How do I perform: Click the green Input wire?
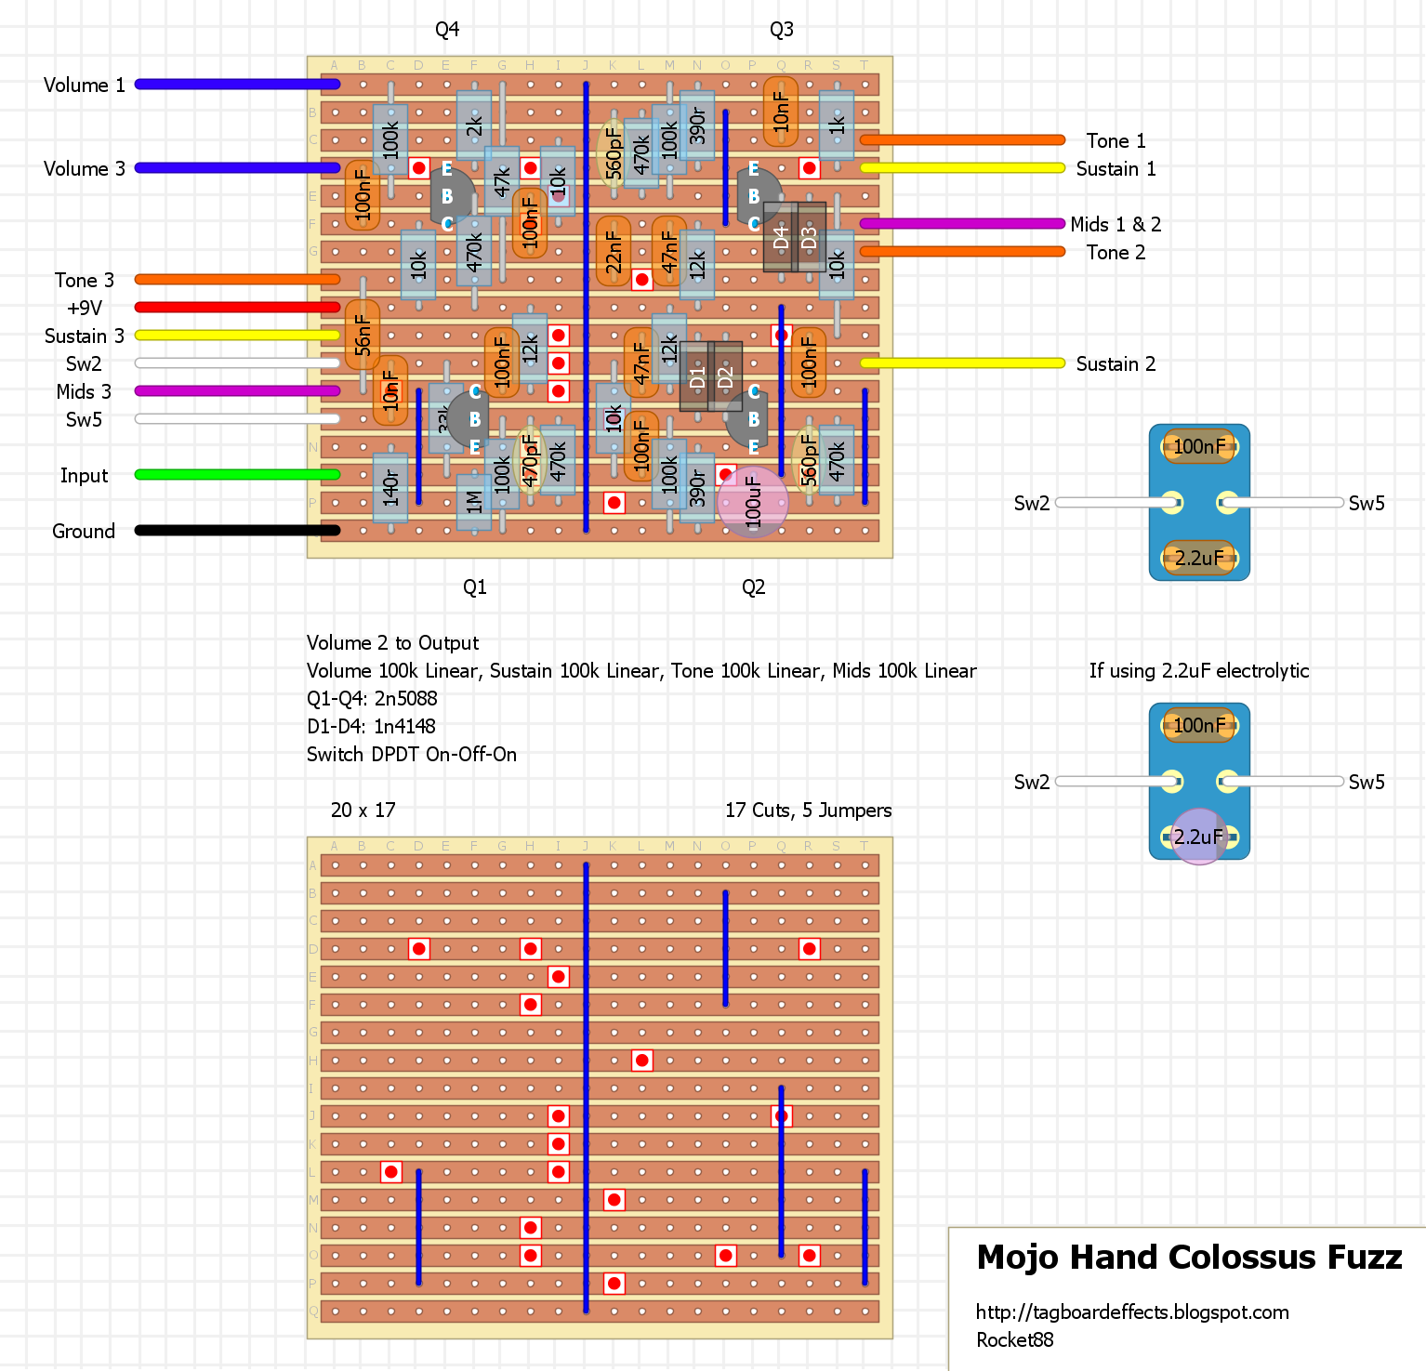pos(237,475)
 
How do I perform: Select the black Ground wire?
pos(237,531)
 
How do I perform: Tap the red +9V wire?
pos(237,308)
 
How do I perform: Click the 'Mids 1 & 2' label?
pos(1116,224)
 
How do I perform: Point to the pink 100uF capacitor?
pos(753,503)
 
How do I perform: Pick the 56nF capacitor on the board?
pos(363,336)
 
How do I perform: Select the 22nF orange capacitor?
pos(614,252)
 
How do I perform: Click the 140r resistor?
pos(390,486)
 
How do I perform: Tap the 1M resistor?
pos(474,502)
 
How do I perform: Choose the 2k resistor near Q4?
pos(474,125)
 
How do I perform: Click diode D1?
pos(696,376)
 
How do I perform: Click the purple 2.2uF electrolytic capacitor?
pos(1198,837)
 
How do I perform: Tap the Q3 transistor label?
pos(781,30)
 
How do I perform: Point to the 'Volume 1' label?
pos(84,86)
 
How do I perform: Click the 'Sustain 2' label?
pos(1116,364)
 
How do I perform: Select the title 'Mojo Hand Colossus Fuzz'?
pos(1189,1258)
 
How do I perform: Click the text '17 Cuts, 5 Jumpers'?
pos(808,811)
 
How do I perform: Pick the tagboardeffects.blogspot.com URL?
pos(1132,1312)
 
